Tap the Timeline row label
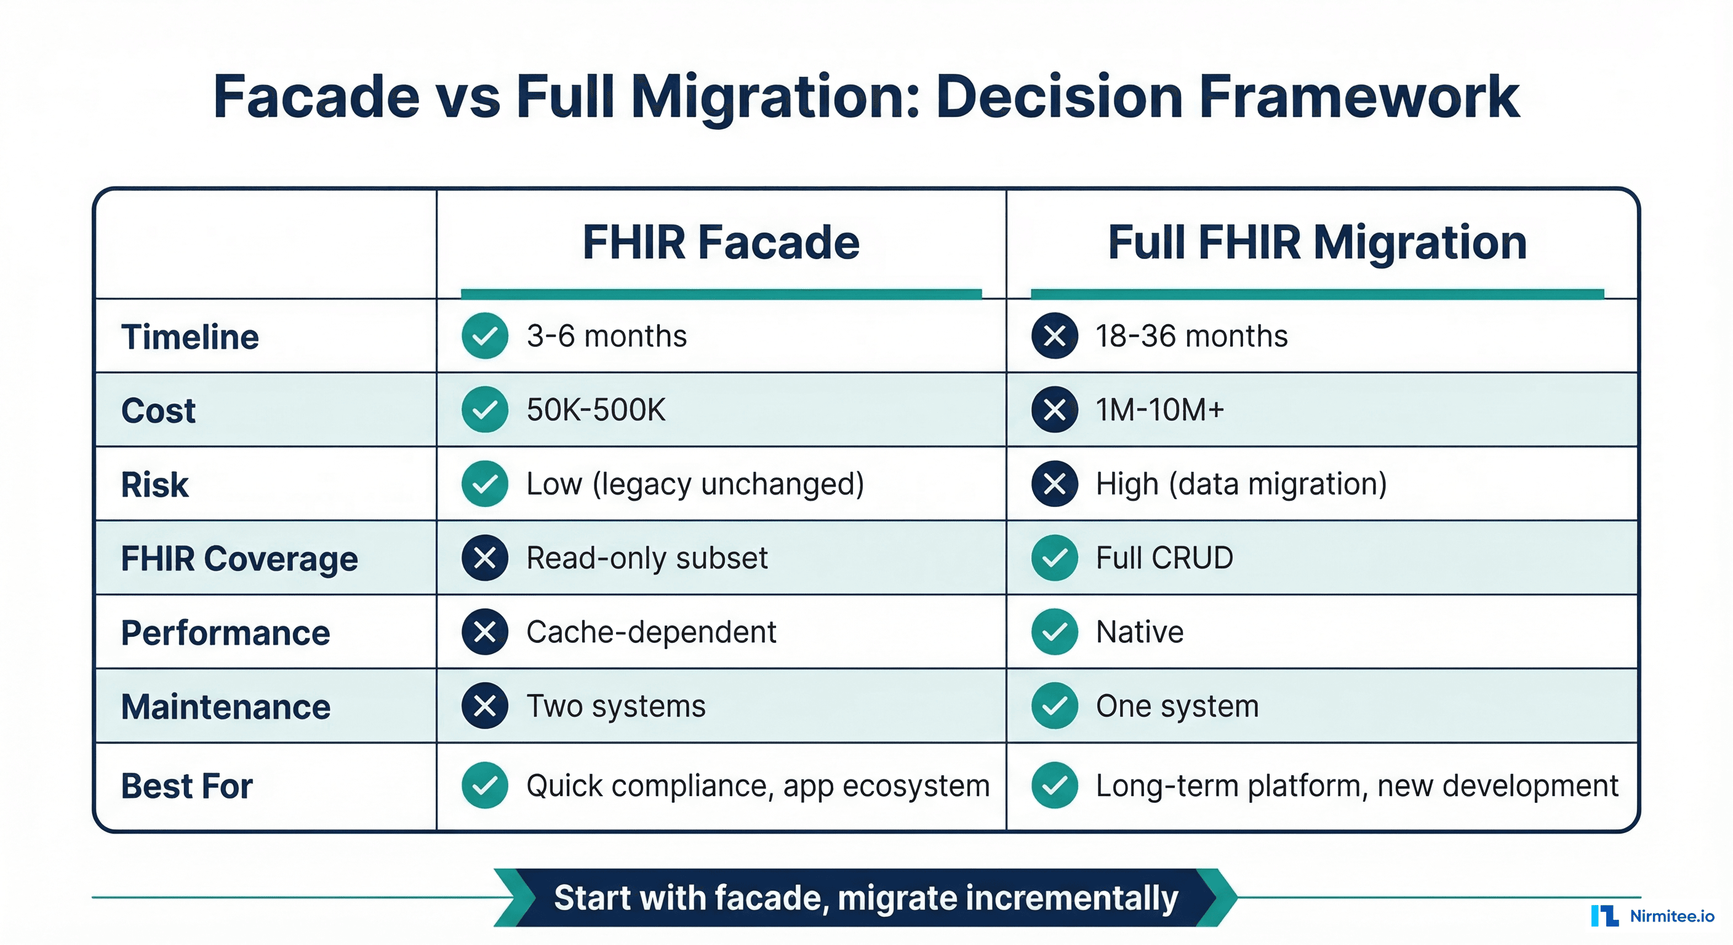190,337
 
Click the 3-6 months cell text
606,336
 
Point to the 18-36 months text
1191,336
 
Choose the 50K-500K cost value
595,410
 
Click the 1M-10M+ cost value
1159,410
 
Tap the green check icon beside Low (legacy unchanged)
484,484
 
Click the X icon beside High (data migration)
1054,484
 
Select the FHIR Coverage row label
239,558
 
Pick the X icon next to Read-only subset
484,557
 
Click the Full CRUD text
1164,557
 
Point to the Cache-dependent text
650,632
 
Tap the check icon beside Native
1054,632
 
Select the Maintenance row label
225,706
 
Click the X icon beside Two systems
484,706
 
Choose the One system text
1177,706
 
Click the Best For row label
186,786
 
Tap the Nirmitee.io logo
1652,915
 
